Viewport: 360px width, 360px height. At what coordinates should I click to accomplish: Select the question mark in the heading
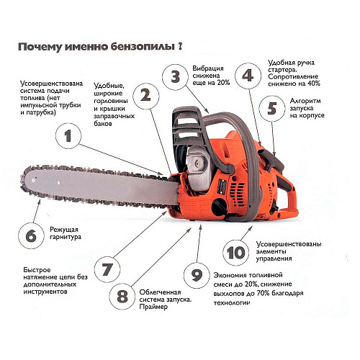coord(180,45)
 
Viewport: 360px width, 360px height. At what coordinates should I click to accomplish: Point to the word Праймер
coord(153,307)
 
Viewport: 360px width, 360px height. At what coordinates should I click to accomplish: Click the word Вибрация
coord(208,68)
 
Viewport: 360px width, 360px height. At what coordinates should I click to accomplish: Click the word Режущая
coord(64,230)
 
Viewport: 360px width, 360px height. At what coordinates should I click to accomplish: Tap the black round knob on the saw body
coord(220,207)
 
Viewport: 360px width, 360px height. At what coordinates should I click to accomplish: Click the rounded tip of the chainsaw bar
coord(23,180)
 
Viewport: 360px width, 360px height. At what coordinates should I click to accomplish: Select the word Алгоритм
coord(305,101)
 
